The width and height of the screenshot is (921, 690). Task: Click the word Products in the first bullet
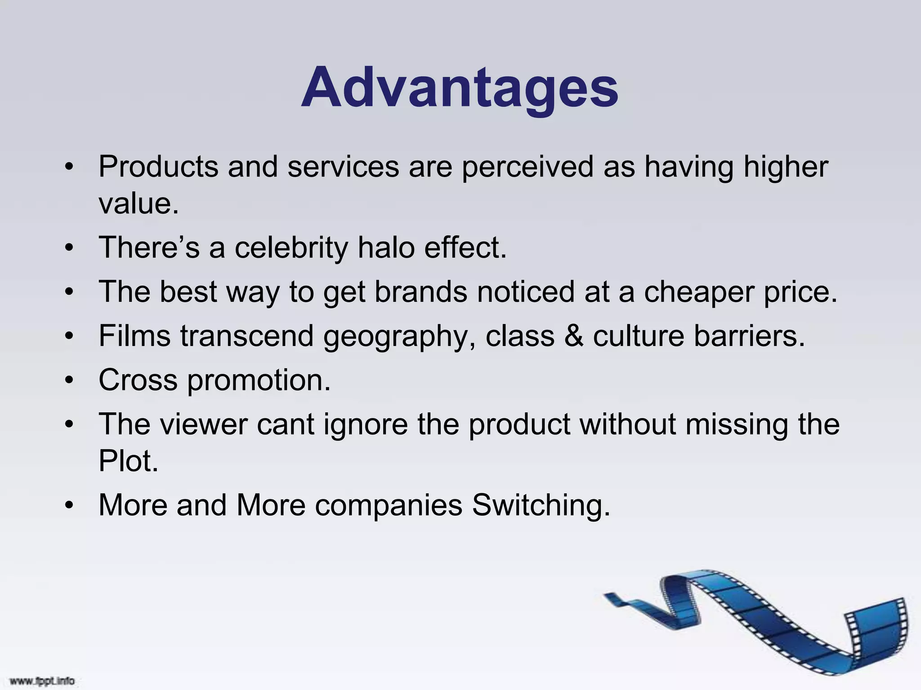click(158, 167)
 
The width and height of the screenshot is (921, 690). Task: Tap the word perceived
click(528, 167)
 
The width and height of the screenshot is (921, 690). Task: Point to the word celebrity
click(291, 248)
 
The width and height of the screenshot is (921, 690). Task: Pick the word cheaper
click(699, 292)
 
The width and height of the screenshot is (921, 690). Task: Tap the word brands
click(421, 292)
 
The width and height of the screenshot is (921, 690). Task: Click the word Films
click(134, 336)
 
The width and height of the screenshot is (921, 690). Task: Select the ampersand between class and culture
click(573, 336)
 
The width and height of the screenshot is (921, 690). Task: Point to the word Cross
click(138, 380)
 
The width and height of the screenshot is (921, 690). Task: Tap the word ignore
click(365, 425)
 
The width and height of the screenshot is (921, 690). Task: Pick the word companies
click(388, 505)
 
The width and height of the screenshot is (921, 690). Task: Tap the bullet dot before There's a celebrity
click(69, 248)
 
